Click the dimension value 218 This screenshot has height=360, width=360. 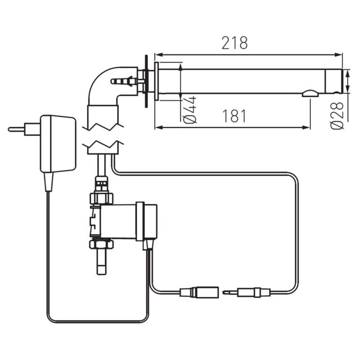click(x=234, y=43)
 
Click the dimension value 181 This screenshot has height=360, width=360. click(x=234, y=116)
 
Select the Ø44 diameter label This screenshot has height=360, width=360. click(x=190, y=110)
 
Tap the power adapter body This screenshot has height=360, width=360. click(x=58, y=144)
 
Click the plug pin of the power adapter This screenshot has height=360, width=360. click(x=16, y=130)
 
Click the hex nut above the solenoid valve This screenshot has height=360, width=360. click(x=101, y=198)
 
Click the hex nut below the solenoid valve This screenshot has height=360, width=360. click(x=101, y=244)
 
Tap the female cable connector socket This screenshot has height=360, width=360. click(x=199, y=292)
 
